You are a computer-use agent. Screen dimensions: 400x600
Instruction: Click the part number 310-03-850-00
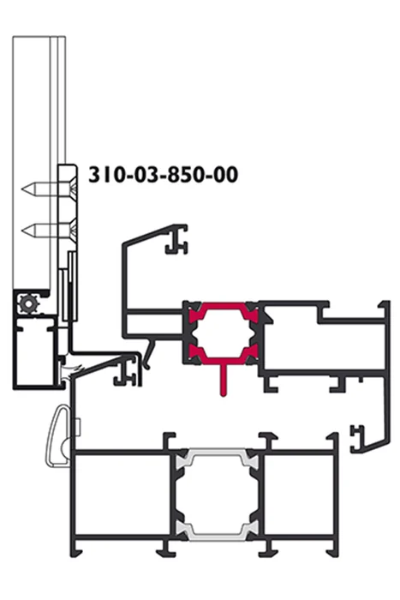click(164, 175)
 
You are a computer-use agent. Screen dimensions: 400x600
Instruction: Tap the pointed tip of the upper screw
click(22, 189)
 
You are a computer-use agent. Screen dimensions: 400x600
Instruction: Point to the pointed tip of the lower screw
click(22, 231)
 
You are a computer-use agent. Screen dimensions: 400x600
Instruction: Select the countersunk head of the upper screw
click(72, 189)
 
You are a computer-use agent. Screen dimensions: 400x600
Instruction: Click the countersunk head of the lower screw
click(72, 231)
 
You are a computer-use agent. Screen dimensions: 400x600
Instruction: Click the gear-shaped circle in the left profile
click(28, 304)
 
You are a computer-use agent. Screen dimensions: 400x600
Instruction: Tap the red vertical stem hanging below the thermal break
click(224, 379)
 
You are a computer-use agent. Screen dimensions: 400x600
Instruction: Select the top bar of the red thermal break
click(224, 306)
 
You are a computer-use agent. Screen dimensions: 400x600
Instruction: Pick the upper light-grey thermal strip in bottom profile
click(216, 457)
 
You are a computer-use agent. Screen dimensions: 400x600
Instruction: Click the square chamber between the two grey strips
click(216, 494)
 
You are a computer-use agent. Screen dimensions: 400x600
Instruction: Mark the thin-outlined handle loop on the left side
click(58, 436)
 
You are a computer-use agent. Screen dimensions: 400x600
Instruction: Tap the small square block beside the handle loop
click(78, 427)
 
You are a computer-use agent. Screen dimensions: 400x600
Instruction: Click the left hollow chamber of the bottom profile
click(122, 494)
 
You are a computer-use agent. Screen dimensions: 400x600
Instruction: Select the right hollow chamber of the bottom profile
click(299, 494)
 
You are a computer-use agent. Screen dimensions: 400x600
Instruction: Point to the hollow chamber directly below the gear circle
click(35, 351)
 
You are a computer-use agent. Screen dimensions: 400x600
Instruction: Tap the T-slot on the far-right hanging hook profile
click(357, 437)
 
